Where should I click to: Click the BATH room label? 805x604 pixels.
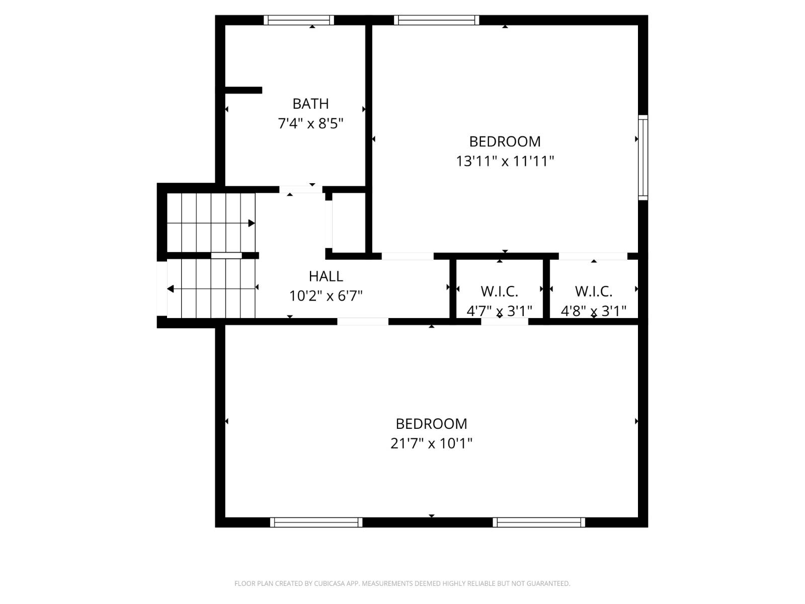pyautogui.click(x=310, y=104)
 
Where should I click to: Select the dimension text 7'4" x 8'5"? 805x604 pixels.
pyautogui.click(x=310, y=123)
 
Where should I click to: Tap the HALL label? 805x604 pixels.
pyautogui.click(x=326, y=276)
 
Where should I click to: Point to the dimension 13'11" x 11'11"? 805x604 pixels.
pyautogui.click(x=505, y=162)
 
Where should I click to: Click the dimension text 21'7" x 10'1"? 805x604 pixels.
pyautogui.click(x=431, y=443)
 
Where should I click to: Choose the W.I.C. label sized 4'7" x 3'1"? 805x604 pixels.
pyautogui.click(x=499, y=291)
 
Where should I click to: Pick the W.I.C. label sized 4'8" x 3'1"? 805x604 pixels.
pyautogui.click(x=594, y=291)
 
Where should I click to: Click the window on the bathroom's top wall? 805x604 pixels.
pyautogui.click(x=299, y=20)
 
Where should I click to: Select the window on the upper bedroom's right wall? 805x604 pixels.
pyautogui.click(x=643, y=158)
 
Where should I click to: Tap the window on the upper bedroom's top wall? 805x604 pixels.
pyautogui.click(x=436, y=20)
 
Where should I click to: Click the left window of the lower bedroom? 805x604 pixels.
pyautogui.click(x=316, y=522)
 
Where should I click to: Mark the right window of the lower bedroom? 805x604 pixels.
pyautogui.click(x=539, y=522)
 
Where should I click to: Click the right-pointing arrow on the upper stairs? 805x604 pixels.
pyautogui.click(x=252, y=223)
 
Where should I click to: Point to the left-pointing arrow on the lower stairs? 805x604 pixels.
pyautogui.click(x=171, y=289)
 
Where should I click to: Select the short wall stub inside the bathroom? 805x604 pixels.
pyautogui.click(x=243, y=90)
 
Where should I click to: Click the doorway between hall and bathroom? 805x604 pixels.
pyautogui.click(x=301, y=189)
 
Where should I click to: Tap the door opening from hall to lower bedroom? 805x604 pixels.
pyautogui.click(x=363, y=321)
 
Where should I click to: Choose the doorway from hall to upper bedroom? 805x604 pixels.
pyautogui.click(x=408, y=256)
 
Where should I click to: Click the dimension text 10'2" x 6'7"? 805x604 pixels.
pyautogui.click(x=326, y=296)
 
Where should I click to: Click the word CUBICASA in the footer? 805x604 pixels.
pyautogui.click(x=329, y=583)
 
